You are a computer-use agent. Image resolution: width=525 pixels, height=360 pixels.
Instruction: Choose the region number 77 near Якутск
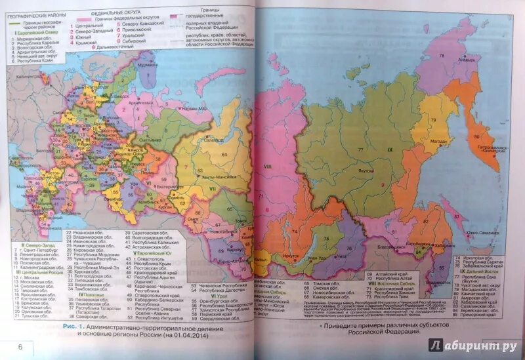[x=360, y=150]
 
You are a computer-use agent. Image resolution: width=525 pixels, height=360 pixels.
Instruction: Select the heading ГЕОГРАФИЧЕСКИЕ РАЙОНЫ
[x=33, y=12]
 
